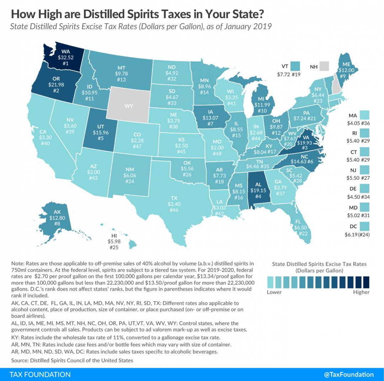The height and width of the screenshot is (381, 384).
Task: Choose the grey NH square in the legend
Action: (x=324, y=66)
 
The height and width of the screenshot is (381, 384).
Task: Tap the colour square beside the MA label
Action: (x=364, y=115)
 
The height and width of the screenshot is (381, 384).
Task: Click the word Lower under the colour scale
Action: (x=274, y=292)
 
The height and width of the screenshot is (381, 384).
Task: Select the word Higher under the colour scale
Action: (x=361, y=292)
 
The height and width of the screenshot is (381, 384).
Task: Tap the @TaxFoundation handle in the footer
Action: (x=349, y=374)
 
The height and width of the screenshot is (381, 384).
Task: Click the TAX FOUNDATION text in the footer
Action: (x=40, y=374)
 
